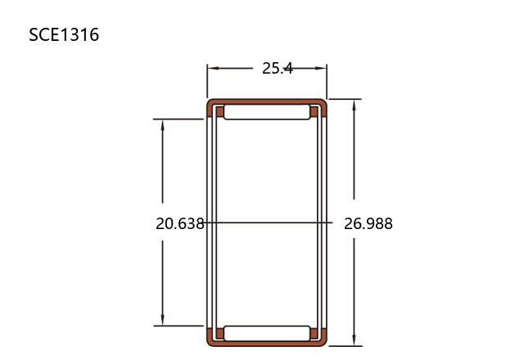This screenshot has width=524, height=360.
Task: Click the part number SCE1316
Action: [x=64, y=34]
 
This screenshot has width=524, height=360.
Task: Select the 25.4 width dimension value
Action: [x=278, y=69]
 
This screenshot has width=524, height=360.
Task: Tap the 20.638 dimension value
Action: [x=180, y=223]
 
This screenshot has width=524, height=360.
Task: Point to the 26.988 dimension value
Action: [x=368, y=223]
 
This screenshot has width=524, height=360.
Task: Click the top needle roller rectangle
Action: [x=267, y=112]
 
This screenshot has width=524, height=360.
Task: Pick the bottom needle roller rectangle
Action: [x=267, y=334]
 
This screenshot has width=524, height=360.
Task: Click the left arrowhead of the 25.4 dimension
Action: [x=213, y=69]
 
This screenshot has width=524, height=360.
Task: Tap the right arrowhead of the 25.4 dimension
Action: [x=320, y=69]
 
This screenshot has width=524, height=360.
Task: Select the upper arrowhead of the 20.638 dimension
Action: [x=163, y=125]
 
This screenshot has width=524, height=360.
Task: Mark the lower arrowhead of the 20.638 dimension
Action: [x=163, y=320]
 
